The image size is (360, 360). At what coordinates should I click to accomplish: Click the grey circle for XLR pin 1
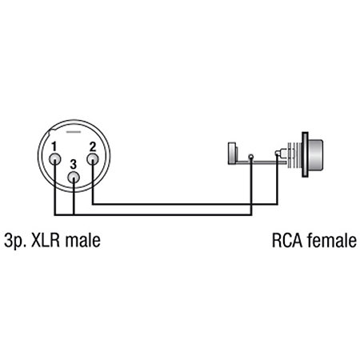click(55, 159)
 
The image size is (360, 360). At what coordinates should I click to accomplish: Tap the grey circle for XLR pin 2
click(93, 159)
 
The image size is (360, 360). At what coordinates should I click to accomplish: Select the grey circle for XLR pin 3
click(74, 178)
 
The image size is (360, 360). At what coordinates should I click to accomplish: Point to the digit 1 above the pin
click(54, 147)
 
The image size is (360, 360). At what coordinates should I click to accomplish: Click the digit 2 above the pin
click(92, 147)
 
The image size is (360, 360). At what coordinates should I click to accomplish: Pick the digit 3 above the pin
click(74, 165)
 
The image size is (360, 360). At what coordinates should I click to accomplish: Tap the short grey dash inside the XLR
click(74, 132)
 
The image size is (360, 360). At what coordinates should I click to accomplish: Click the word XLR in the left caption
click(46, 241)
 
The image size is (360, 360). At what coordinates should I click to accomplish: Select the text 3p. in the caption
click(15, 241)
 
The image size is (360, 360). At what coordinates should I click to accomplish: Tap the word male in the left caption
click(82, 240)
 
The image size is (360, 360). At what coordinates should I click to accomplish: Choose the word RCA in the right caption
click(287, 241)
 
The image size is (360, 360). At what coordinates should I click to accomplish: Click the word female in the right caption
click(332, 240)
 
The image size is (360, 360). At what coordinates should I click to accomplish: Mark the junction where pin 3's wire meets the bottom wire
click(74, 214)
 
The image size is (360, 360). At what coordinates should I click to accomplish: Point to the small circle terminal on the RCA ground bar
click(251, 157)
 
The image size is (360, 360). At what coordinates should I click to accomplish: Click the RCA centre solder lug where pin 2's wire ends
click(278, 154)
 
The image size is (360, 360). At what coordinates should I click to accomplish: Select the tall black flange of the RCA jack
click(305, 154)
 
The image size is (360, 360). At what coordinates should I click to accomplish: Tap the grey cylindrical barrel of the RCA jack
click(315, 154)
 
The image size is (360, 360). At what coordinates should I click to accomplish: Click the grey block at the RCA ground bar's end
click(232, 153)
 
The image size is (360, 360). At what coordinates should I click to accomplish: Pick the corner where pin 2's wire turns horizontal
click(93, 204)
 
